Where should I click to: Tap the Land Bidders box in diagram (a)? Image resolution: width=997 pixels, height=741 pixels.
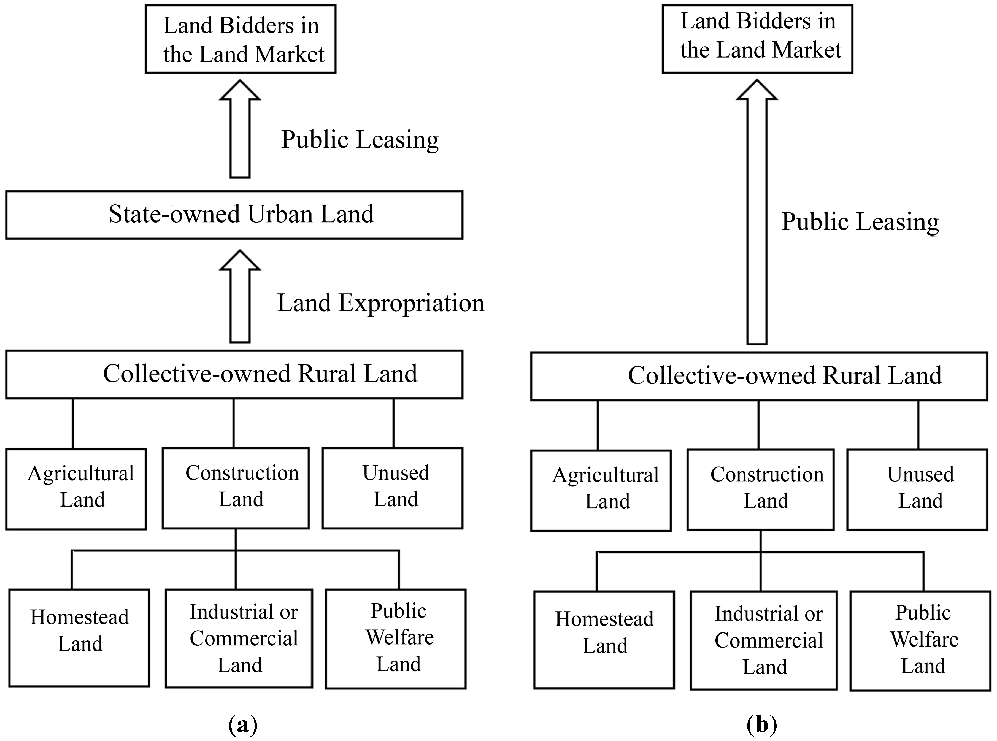(x=241, y=39)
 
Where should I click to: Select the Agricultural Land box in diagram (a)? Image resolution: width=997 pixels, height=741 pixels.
(x=76, y=489)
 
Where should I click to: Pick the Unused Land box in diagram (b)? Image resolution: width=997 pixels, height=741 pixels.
(x=917, y=490)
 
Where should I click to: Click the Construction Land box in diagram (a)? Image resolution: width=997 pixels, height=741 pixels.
(x=236, y=488)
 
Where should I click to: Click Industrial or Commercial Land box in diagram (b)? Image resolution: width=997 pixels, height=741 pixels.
(x=763, y=640)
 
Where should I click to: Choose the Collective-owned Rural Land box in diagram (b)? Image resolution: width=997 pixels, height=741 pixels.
(x=759, y=376)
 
